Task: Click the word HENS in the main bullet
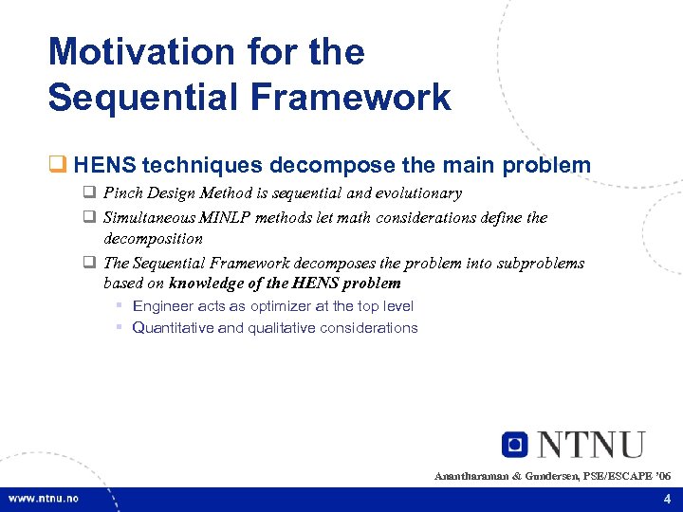102,166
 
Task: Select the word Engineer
163,306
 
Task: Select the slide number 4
667,499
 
